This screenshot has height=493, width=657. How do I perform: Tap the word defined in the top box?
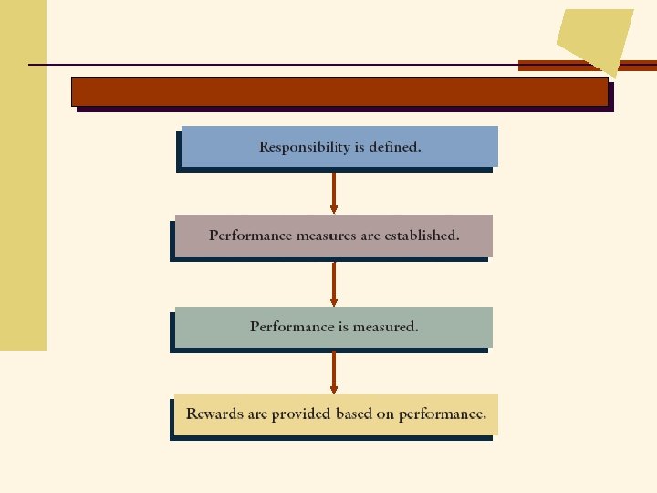tap(394, 147)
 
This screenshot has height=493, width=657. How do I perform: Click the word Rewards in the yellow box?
tap(214, 414)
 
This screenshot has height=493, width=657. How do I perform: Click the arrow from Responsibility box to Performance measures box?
tap(334, 193)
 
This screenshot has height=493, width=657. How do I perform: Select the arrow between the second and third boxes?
tap(334, 284)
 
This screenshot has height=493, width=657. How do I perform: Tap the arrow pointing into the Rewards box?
tap(334, 372)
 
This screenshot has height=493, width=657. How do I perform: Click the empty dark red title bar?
tap(339, 91)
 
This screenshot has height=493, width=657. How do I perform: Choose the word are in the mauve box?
tap(370, 236)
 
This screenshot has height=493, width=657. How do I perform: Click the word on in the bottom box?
tap(385, 414)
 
